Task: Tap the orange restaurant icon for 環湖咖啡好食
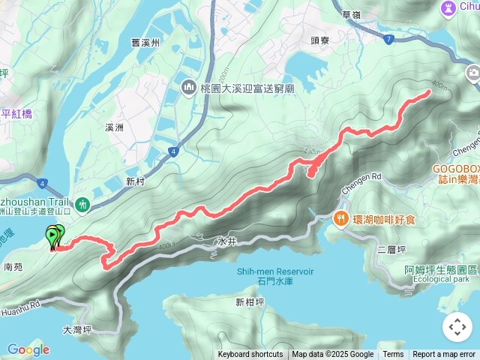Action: point(340,219)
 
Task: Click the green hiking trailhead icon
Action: point(81,203)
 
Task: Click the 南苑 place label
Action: point(13,266)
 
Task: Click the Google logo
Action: point(28,349)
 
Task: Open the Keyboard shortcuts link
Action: point(250,355)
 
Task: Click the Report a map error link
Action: point(444,355)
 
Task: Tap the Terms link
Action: point(393,355)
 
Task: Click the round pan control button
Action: point(457,327)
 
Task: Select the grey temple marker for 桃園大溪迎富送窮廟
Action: point(187,88)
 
